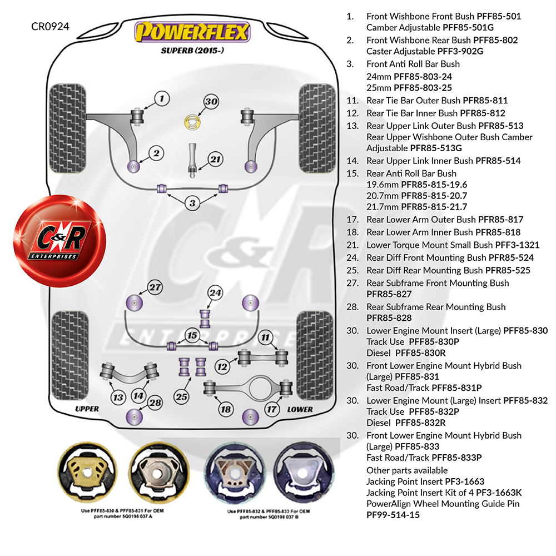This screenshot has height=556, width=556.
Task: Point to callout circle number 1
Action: click(161, 100)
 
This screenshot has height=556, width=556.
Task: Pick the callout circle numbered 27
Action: click(155, 287)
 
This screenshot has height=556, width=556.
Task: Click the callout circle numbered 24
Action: click(215, 293)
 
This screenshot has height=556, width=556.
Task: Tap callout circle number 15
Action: click(192, 335)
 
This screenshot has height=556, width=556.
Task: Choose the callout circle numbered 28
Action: click(155, 403)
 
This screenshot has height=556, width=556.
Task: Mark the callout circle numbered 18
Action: click(225, 410)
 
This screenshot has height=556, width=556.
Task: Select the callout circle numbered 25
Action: click(181, 396)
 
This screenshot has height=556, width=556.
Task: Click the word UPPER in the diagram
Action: click(87, 409)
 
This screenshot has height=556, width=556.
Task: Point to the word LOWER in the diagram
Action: click(300, 409)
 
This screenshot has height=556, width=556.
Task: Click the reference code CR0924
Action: click(50, 26)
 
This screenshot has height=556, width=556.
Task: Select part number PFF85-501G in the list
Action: click(468, 27)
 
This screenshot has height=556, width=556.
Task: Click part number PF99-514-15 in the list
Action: click(393, 515)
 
